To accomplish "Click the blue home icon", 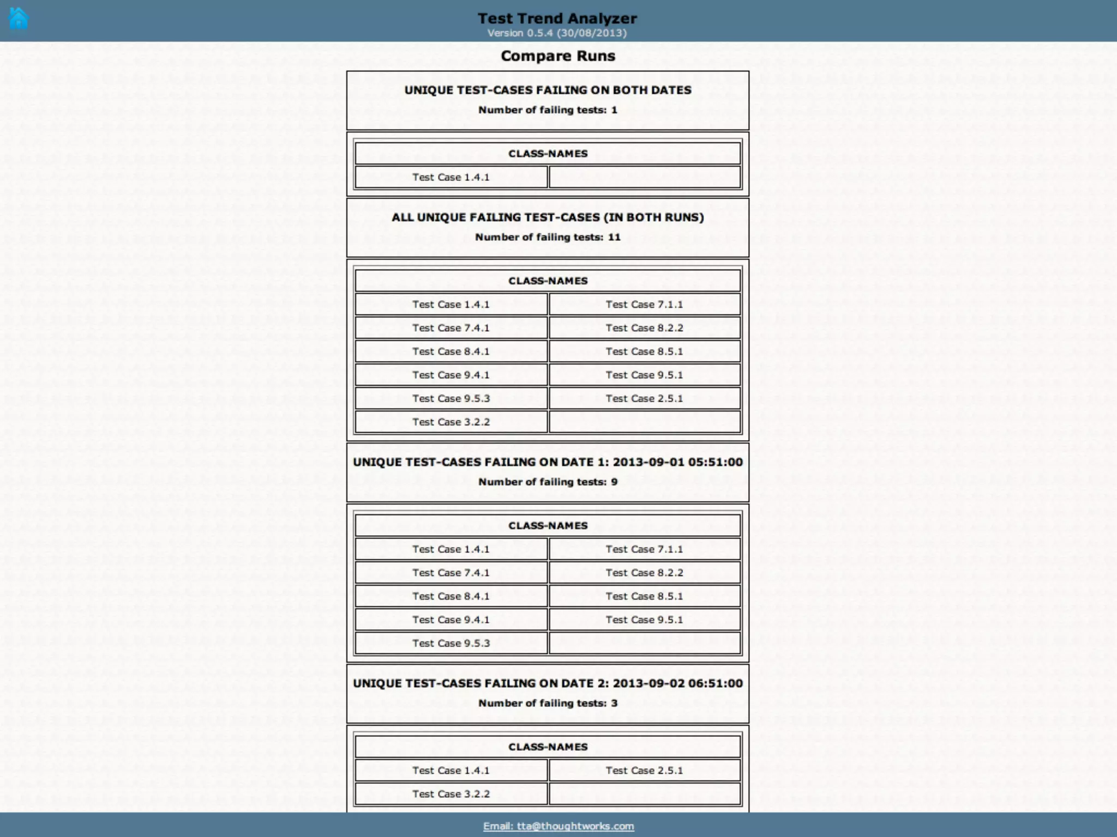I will pyautogui.click(x=19, y=18).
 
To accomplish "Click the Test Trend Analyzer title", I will pyautogui.click(x=557, y=18).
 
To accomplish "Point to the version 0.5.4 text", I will pyautogui.click(x=557, y=33).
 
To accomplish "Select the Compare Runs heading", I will pyautogui.click(x=557, y=56).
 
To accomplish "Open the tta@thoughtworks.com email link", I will pyautogui.click(x=558, y=826).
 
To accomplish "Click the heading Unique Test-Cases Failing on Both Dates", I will pyautogui.click(x=548, y=90).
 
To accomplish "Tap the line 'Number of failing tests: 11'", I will pyautogui.click(x=548, y=237).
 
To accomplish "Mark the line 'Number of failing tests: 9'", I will pyautogui.click(x=548, y=482).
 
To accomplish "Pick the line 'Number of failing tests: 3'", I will pyautogui.click(x=548, y=703).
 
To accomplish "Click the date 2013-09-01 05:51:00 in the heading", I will pyautogui.click(x=677, y=462).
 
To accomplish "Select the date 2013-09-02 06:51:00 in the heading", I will pyautogui.click(x=677, y=683).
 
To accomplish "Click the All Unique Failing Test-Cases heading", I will pyautogui.click(x=548, y=217).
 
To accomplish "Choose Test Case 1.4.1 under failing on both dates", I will pyautogui.click(x=451, y=177).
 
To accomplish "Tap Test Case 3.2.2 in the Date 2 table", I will pyautogui.click(x=451, y=794).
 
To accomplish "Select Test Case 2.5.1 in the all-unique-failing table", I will pyautogui.click(x=644, y=398).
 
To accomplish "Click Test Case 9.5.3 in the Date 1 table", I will pyautogui.click(x=451, y=643).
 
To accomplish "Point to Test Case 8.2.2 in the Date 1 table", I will pyautogui.click(x=644, y=573).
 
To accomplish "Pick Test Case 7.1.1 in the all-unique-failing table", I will pyautogui.click(x=644, y=304).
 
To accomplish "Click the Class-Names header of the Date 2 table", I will pyautogui.click(x=548, y=747).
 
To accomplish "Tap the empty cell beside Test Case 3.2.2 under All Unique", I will pyautogui.click(x=644, y=422).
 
